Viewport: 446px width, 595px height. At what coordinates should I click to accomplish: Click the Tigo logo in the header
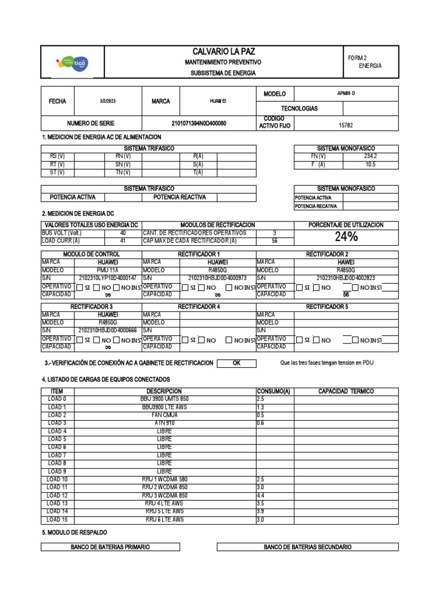coord(71,62)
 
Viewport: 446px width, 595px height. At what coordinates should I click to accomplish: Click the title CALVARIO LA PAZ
coord(223,52)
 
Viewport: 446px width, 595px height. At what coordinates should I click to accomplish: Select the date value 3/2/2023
coord(108,101)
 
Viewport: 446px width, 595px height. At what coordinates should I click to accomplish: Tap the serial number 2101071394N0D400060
coord(199,124)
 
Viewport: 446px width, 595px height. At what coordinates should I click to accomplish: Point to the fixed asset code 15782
coord(346,124)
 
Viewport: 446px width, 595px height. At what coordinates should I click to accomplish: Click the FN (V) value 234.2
coord(371,156)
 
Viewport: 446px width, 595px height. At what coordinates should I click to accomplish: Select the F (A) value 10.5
coord(371,164)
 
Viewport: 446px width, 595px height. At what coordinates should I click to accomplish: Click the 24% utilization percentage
coord(346,237)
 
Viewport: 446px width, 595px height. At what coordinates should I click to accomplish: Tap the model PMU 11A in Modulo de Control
coord(108,270)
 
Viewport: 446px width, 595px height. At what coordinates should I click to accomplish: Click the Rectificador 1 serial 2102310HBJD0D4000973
coord(218,278)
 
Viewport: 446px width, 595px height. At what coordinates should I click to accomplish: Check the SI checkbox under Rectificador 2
coord(299,288)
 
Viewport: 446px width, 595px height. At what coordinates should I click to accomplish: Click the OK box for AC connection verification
coord(236,363)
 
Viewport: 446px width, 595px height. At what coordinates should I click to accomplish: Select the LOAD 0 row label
coord(57,399)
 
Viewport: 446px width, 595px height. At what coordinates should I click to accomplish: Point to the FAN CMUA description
coord(165,415)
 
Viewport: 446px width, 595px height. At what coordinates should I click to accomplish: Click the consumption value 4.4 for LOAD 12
coord(261,496)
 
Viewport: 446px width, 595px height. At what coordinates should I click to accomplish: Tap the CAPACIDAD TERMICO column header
coord(346,391)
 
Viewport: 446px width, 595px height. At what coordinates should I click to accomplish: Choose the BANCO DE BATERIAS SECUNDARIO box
coord(307,547)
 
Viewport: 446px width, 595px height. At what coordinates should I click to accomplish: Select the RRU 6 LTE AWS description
coord(165,519)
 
